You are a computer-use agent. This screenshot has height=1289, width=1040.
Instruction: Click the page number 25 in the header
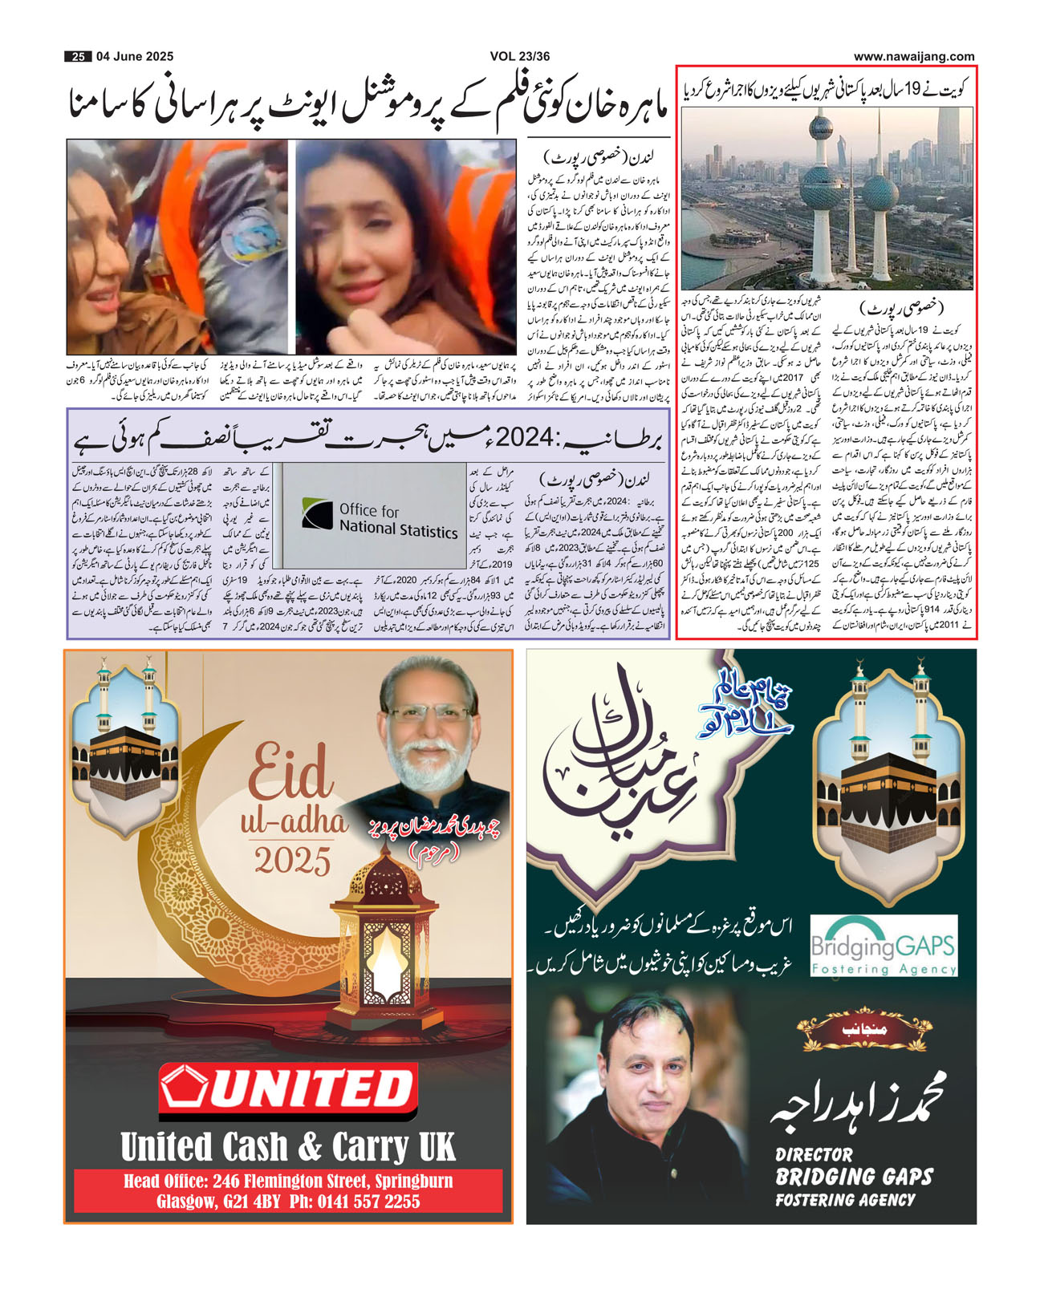pyautogui.click(x=78, y=57)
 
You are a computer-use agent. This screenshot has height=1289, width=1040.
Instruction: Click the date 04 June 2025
pyautogui.click(x=135, y=57)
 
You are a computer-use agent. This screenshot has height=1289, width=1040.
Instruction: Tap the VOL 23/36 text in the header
pyautogui.click(x=520, y=57)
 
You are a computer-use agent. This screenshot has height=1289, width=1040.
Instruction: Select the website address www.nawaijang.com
pyautogui.click(x=914, y=57)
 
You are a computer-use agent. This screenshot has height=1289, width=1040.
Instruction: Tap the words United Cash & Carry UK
pyautogui.click(x=287, y=1147)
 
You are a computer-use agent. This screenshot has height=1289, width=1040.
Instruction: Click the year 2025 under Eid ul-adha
pyautogui.click(x=293, y=861)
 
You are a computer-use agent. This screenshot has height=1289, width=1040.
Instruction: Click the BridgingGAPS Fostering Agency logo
pyautogui.click(x=884, y=947)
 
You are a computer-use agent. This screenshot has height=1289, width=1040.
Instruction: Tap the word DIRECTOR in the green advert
pyautogui.click(x=814, y=1155)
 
